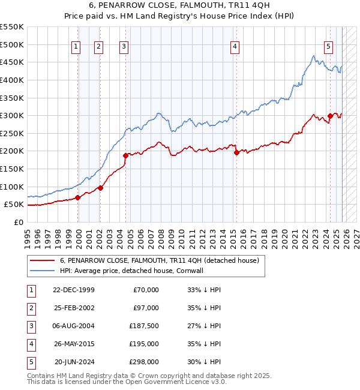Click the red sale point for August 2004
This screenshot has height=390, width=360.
pos(125,155)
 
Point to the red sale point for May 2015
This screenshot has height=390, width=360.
pos(236,152)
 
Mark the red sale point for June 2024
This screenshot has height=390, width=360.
pos(330,116)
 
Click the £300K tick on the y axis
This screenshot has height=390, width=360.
pos(12,115)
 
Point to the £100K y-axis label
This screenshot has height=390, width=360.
pos(12,187)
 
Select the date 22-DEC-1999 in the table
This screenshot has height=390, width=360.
pos(74,290)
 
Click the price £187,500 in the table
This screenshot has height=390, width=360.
pos(142,326)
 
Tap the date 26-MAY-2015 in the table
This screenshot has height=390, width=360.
pos(74,344)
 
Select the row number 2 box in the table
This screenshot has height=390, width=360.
pos(30,308)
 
